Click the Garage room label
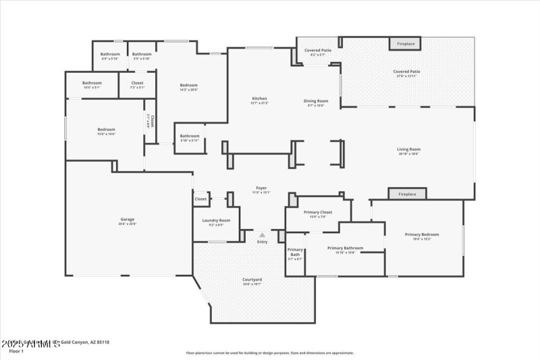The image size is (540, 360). tap(128, 219)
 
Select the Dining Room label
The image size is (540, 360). tap(316, 101)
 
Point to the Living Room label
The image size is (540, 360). tap(408, 149)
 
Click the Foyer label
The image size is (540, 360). tap(261, 188)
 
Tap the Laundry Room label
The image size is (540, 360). tap(216, 220)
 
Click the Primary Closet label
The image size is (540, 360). tap(317, 213)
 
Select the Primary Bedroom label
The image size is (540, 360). tap(422, 235)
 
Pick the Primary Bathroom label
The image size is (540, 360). tap(345, 248)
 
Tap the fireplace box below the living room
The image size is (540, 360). tap(407, 194)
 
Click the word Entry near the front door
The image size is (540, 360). tap(262, 241)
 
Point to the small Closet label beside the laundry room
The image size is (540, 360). tap(200, 199)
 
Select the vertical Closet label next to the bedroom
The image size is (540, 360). tap(152, 121)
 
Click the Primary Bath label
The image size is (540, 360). tap(295, 254)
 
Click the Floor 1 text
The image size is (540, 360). tap(17, 351)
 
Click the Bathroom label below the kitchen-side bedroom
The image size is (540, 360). tap(190, 136)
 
